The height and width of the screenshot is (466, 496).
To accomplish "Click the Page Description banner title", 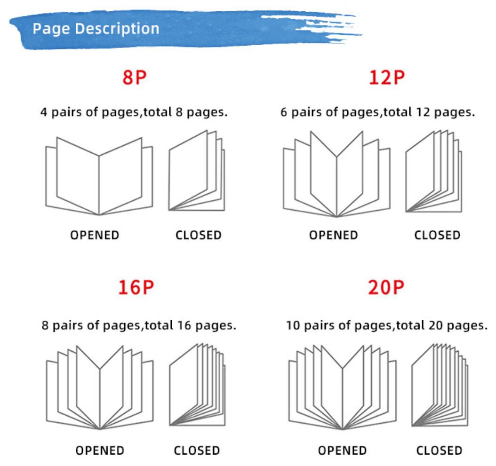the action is [96, 29].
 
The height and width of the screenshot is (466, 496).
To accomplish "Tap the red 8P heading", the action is [135, 78].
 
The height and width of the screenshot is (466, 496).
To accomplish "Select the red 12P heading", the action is [386, 78].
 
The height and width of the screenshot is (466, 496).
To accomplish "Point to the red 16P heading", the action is [136, 288].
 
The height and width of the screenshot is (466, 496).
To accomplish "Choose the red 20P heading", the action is [386, 288].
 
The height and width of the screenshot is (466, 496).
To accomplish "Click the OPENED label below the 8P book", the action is [95, 235].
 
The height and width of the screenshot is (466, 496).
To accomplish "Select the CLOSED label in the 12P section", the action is [437, 235].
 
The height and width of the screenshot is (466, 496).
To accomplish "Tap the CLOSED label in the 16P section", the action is [197, 450].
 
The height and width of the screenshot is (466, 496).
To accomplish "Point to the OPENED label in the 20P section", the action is [342, 450].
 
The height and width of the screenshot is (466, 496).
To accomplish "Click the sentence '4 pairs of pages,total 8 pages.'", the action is [134, 112].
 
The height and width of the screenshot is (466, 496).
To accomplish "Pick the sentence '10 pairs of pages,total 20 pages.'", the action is [386, 325].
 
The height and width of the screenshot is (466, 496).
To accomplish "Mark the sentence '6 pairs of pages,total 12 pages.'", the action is [378, 112].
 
